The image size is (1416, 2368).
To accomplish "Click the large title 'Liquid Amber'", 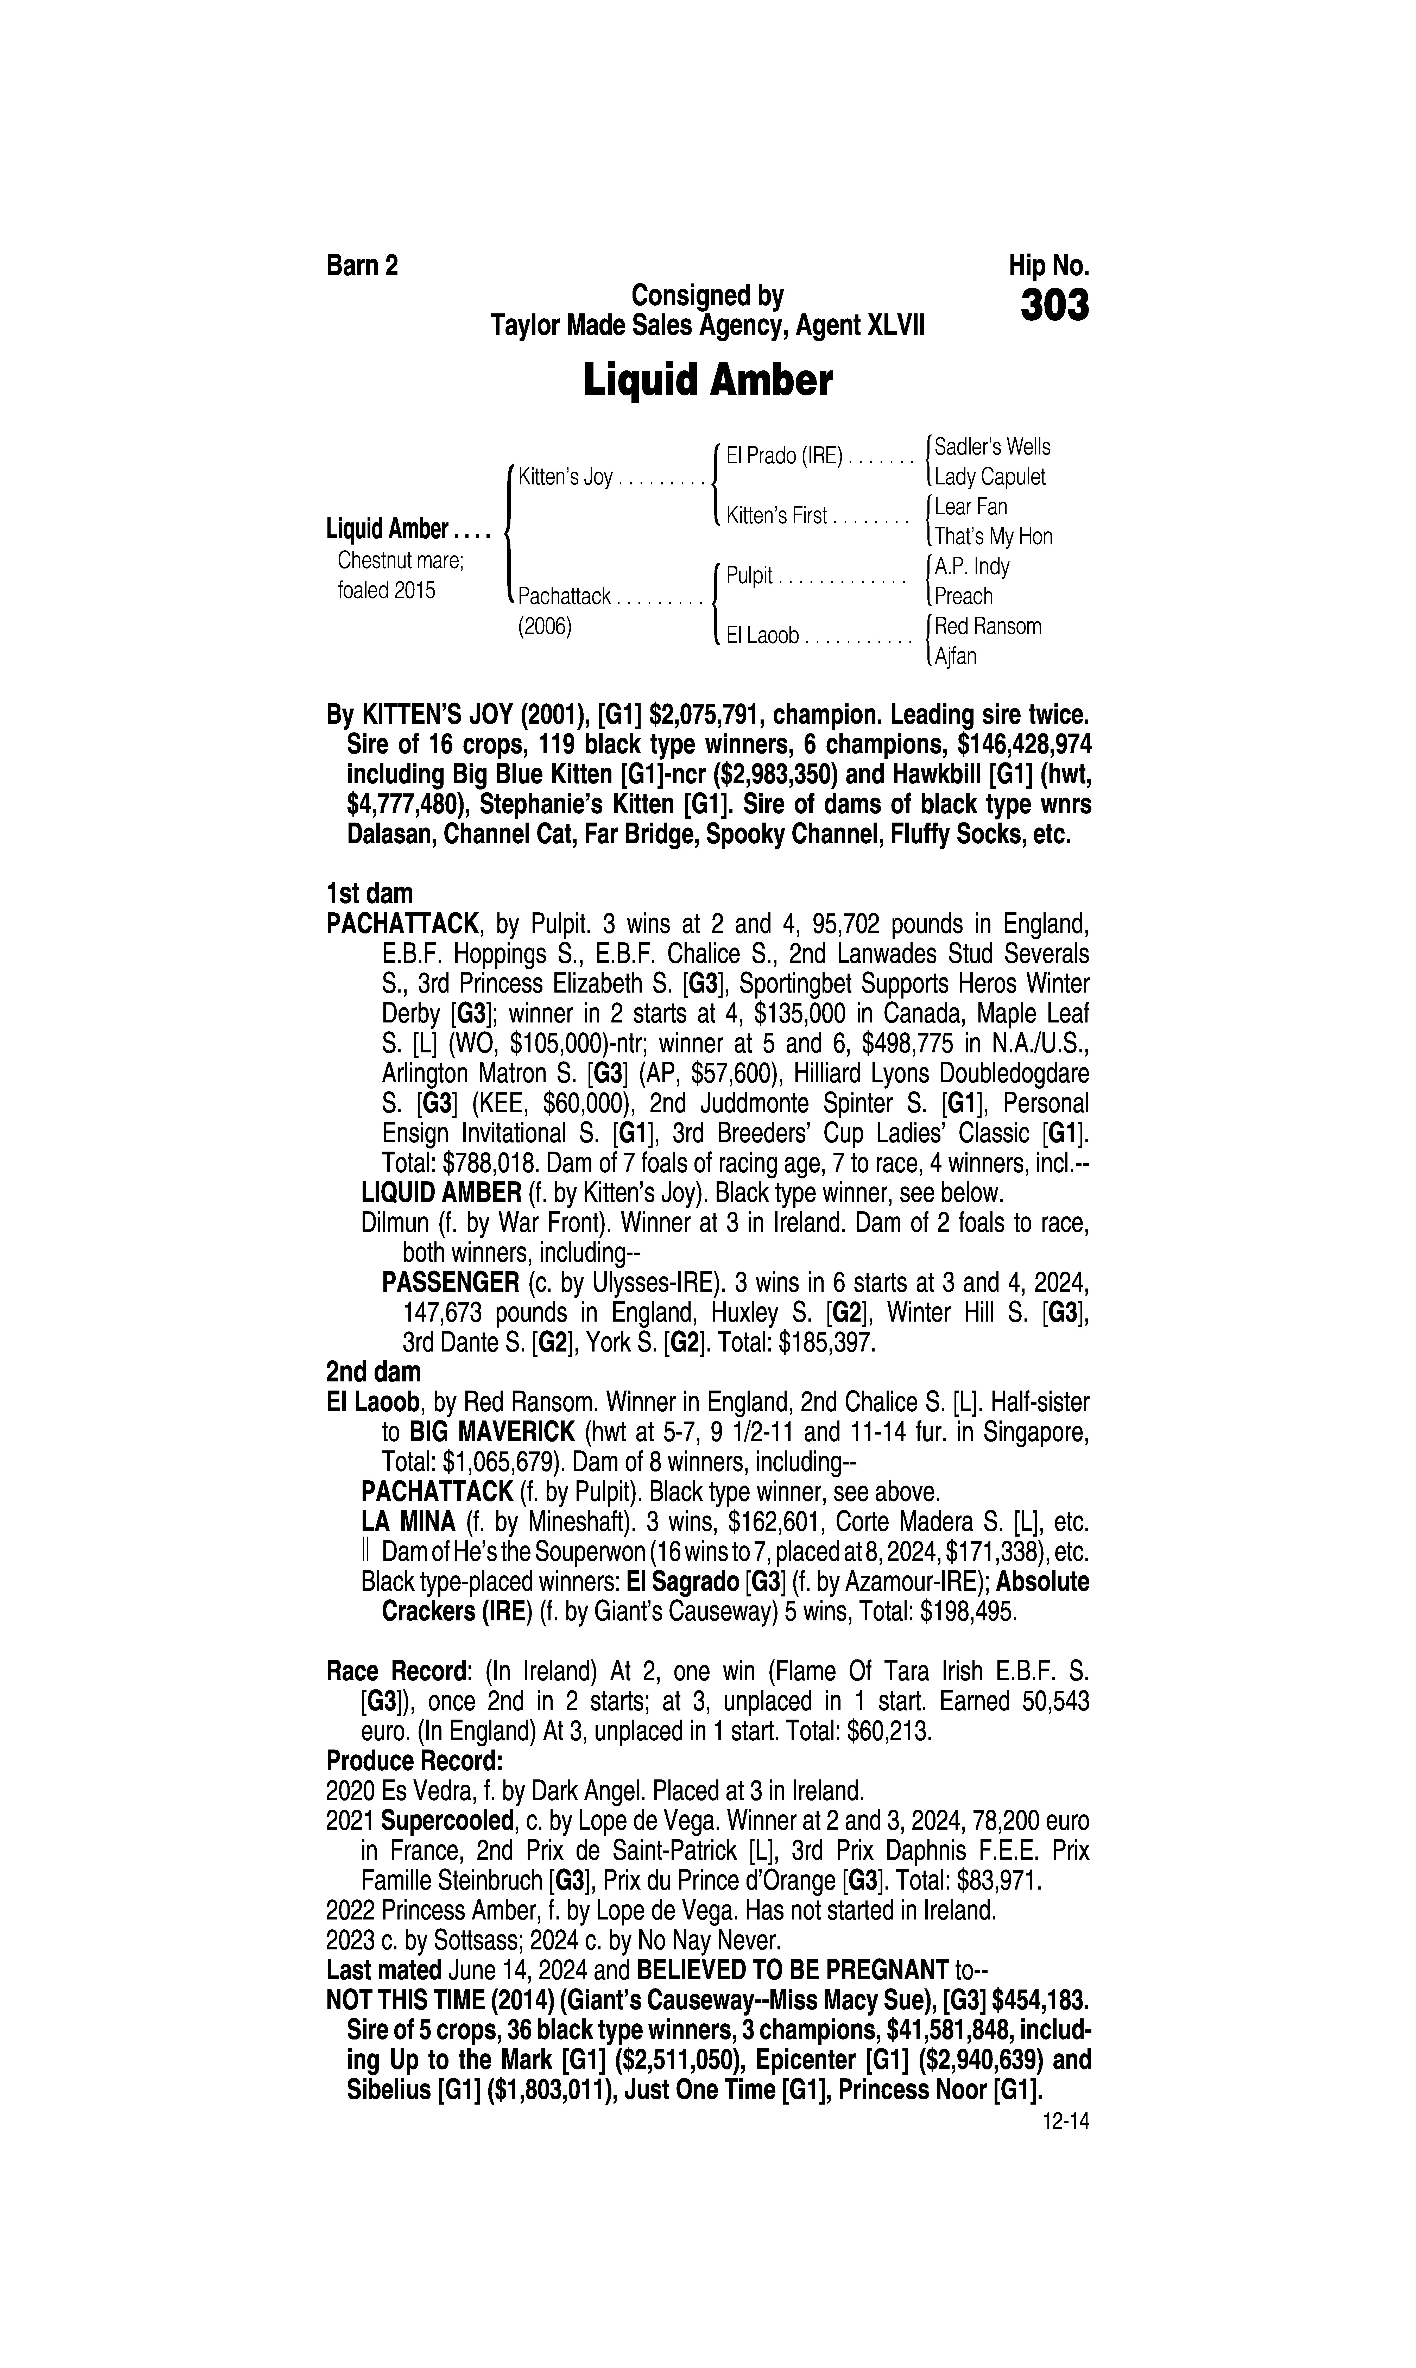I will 707,382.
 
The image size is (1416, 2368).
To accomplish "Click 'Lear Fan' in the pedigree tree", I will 970,507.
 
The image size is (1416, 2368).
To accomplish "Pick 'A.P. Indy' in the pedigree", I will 971,567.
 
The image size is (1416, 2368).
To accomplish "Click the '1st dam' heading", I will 369,894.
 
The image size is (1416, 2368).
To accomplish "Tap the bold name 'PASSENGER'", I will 450,1282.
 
